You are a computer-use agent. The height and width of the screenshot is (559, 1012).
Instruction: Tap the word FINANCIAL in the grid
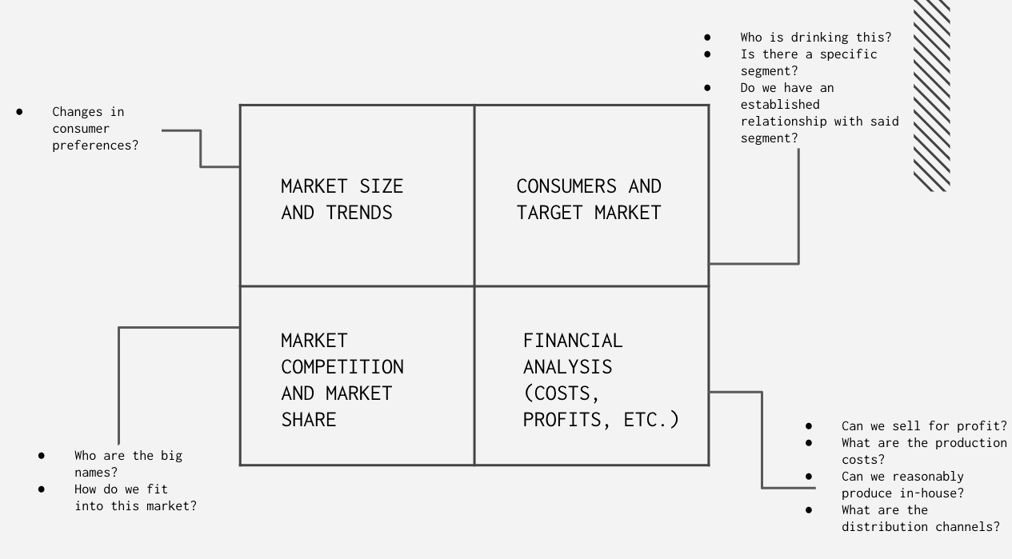click(x=572, y=341)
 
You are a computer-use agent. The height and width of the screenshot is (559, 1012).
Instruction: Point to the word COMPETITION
click(x=342, y=367)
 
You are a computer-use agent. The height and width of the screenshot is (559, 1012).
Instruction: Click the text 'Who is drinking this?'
click(x=815, y=38)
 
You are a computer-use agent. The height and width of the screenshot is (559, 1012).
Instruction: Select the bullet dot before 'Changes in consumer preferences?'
click(x=19, y=112)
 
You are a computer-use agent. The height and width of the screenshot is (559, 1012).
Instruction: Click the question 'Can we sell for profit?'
click(x=924, y=426)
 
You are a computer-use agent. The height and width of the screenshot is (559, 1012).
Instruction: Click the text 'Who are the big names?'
click(x=128, y=464)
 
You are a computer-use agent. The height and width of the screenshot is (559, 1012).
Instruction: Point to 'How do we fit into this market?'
click(x=134, y=497)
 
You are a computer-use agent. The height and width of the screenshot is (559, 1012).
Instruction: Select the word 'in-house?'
click(x=928, y=493)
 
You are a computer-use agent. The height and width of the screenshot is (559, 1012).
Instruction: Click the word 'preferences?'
click(x=95, y=146)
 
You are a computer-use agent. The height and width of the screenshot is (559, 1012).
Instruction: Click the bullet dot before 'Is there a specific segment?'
click(x=707, y=54)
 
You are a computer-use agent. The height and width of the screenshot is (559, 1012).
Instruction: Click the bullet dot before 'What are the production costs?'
click(x=809, y=443)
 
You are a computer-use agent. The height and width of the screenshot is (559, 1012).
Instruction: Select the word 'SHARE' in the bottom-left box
click(x=308, y=420)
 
